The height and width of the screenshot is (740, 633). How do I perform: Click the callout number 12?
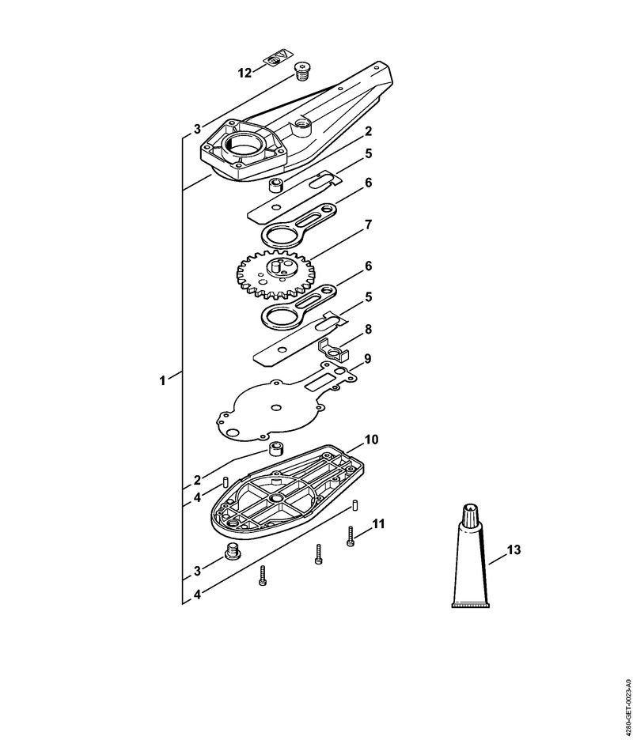(244, 74)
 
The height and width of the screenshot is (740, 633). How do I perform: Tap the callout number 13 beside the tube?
(514, 549)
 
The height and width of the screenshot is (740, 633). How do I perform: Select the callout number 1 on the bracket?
(162, 380)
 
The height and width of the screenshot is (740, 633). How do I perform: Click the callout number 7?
(368, 225)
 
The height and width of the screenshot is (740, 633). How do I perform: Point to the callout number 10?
(371, 440)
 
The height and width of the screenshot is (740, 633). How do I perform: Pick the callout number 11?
(378, 524)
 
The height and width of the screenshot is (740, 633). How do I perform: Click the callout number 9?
(367, 359)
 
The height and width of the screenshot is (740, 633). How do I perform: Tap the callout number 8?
(368, 329)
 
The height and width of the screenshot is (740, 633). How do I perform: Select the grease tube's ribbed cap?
(471, 511)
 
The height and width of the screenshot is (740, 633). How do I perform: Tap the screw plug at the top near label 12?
(301, 71)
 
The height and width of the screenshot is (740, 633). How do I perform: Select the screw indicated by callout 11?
(351, 537)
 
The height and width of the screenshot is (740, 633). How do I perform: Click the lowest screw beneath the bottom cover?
(263, 576)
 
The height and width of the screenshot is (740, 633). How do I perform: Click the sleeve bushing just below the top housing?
(275, 185)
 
